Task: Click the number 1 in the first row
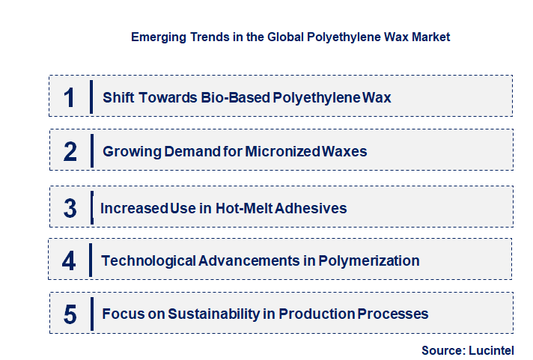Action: (x=70, y=97)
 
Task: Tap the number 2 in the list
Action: (x=70, y=152)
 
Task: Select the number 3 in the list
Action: (x=70, y=208)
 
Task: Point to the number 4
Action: (x=70, y=261)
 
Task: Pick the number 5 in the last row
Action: (x=70, y=314)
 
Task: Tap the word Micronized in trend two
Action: (x=284, y=152)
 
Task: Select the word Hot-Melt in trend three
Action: (x=243, y=208)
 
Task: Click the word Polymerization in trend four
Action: (x=369, y=261)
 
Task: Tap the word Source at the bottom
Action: (x=442, y=350)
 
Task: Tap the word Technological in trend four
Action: (x=148, y=261)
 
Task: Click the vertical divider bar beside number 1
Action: (x=91, y=97)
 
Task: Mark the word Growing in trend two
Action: (x=130, y=152)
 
